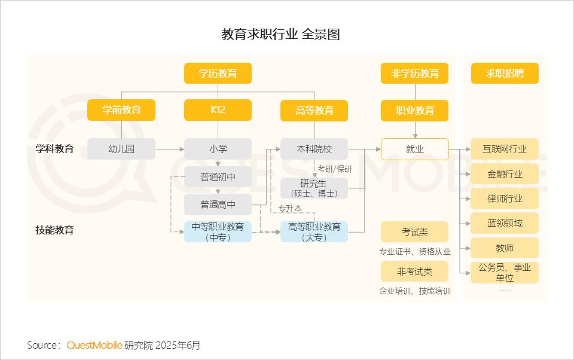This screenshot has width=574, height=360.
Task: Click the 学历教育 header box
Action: pyautogui.click(x=218, y=73)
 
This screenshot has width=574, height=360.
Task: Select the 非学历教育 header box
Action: pyautogui.click(x=414, y=73)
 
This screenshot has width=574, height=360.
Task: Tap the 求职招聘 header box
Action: pyautogui.click(x=505, y=73)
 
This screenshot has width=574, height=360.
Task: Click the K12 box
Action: pyautogui.click(x=218, y=110)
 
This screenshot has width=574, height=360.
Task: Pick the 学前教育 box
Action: pyautogui.click(x=121, y=110)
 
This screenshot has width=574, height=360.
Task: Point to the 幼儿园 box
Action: pyautogui.click(x=121, y=149)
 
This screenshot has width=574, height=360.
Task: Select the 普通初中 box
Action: pyautogui.click(x=218, y=177)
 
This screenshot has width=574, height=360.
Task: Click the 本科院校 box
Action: pyautogui.click(x=314, y=149)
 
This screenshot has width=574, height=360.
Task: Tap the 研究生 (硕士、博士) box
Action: pyautogui.click(x=314, y=188)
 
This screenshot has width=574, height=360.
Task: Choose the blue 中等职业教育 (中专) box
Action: pyautogui.click(x=218, y=232)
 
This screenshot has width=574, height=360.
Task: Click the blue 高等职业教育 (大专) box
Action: pyautogui.click(x=314, y=232)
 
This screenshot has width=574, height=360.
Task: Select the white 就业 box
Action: pyautogui.click(x=415, y=149)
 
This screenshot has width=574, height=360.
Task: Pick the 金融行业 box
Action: pyautogui.click(x=505, y=174)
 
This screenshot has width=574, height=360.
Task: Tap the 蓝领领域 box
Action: pyautogui.click(x=505, y=223)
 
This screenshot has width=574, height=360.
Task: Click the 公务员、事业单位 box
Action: pyautogui.click(x=505, y=273)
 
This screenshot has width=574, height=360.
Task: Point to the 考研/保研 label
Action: pyautogui.click(x=335, y=169)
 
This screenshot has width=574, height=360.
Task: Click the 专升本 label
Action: pyautogui.click(x=290, y=208)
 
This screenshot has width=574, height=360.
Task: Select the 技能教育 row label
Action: pyautogui.click(x=54, y=230)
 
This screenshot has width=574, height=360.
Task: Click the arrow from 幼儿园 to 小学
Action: pyautogui.click(x=170, y=149)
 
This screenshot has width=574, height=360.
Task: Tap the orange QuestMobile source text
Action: pyautogui.click(x=94, y=346)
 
